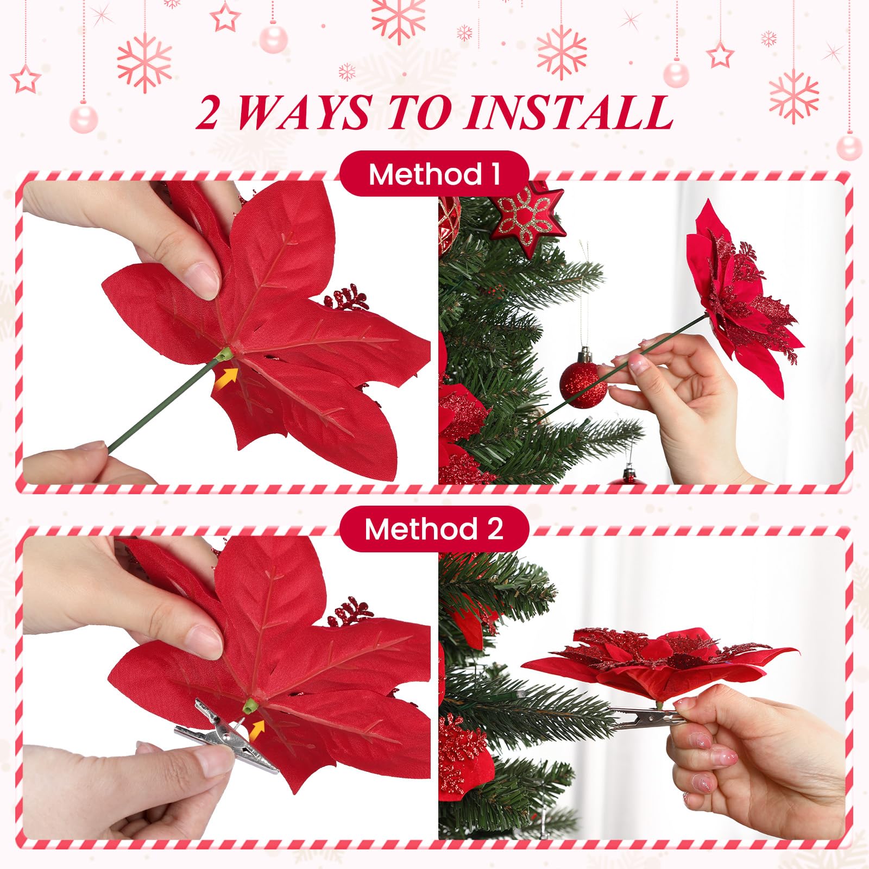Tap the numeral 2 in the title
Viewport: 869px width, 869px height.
click(x=208, y=112)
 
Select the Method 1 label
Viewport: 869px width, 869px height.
click(x=434, y=174)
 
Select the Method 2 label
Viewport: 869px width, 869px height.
click(x=434, y=528)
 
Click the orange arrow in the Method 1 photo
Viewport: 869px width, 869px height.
click(x=226, y=376)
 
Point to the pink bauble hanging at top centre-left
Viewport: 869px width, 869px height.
click(x=273, y=38)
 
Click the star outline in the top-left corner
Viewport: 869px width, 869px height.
click(x=26, y=79)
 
